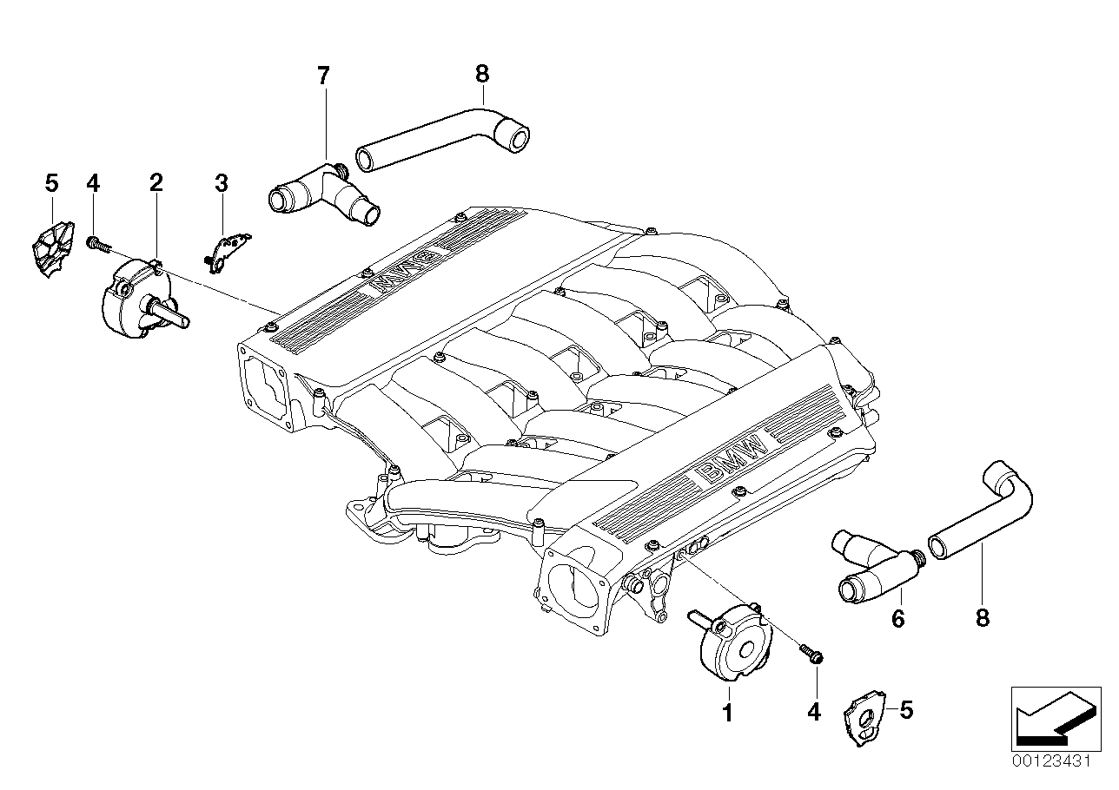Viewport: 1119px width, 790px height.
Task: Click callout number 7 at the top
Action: (323, 76)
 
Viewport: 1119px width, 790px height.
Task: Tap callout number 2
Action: (156, 182)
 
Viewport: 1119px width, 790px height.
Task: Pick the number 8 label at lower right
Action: (983, 617)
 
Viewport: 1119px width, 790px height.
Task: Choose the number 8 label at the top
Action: (481, 75)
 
